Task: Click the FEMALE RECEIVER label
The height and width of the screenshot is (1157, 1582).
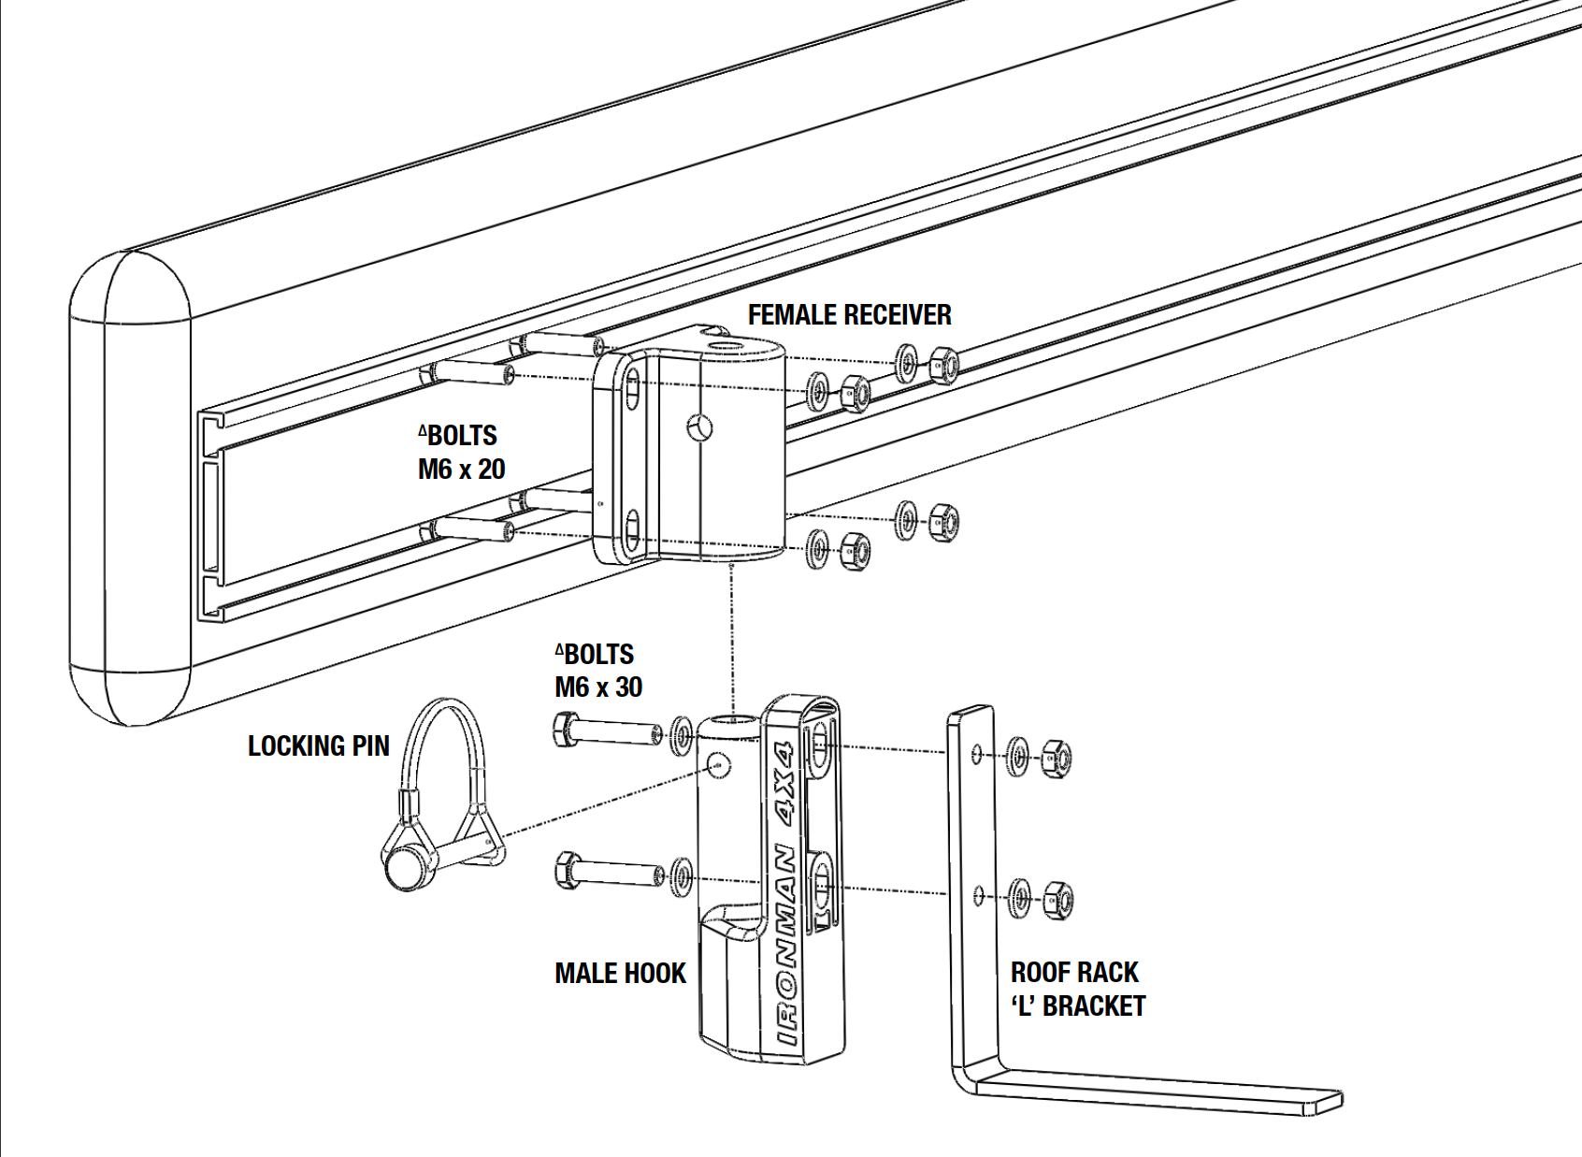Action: point(849,315)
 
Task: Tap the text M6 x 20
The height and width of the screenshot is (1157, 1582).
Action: point(461,469)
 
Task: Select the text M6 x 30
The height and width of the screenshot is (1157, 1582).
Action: point(598,687)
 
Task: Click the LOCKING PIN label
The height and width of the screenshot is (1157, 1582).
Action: point(318,746)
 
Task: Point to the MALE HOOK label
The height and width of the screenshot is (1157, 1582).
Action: point(620,974)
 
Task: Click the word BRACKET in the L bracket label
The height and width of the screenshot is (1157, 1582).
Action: point(1093,1006)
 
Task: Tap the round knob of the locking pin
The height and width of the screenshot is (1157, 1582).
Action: point(405,867)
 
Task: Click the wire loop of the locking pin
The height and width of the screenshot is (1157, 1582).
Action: point(439,739)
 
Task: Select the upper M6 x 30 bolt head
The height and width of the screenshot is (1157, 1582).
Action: point(565,729)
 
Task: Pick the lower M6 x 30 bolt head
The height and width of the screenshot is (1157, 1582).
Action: point(566,870)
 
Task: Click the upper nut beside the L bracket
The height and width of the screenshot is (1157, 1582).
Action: point(1056,758)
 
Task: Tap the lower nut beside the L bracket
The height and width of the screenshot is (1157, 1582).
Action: point(1057,900)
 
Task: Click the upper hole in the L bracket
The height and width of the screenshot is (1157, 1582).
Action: point(977,753)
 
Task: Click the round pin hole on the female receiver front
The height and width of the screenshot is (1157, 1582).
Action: point(699,427)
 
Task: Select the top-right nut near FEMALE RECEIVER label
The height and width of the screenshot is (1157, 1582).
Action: point(942,365)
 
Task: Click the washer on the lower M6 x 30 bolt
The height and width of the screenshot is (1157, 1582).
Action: point(683,876)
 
